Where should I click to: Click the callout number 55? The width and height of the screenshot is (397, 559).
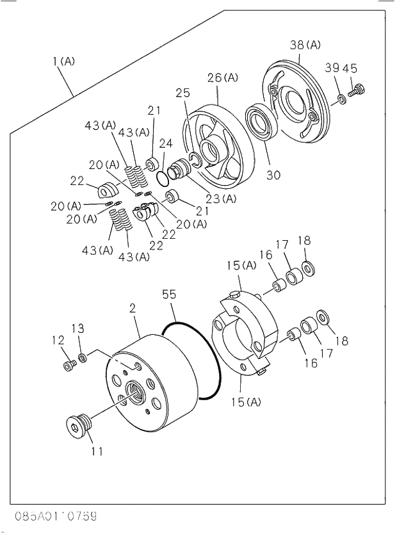point(169,295)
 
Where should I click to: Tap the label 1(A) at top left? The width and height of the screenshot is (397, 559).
point(64,61)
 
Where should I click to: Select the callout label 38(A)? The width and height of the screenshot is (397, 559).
point(305,45)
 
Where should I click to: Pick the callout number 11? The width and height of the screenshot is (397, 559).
point(97,451)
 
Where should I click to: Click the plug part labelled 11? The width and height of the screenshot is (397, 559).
point(79,425)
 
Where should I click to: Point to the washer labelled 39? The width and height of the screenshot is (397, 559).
point(342,99)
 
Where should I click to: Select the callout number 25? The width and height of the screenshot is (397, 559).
point(183,93)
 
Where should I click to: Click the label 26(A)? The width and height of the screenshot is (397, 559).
point(222,77)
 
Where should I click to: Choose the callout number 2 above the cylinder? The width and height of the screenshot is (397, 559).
point(133,308)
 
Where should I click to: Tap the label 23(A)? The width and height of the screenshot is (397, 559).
point(221,198)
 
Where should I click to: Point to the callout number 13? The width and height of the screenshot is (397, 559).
point(77,328)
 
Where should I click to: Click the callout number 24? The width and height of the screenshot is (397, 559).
point(166,143)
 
